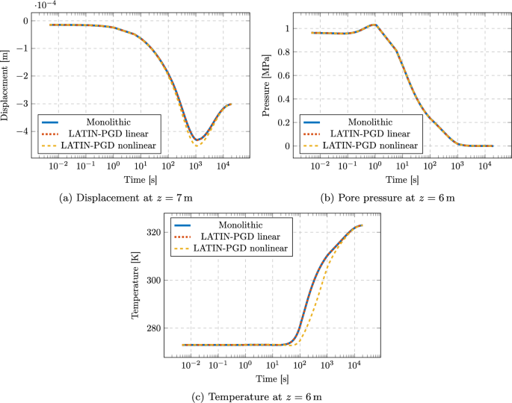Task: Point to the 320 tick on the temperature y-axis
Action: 152,233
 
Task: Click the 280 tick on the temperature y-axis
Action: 152,328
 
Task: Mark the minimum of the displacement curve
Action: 196,140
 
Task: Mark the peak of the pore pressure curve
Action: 374,25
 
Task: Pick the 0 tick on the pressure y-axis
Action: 286,146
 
